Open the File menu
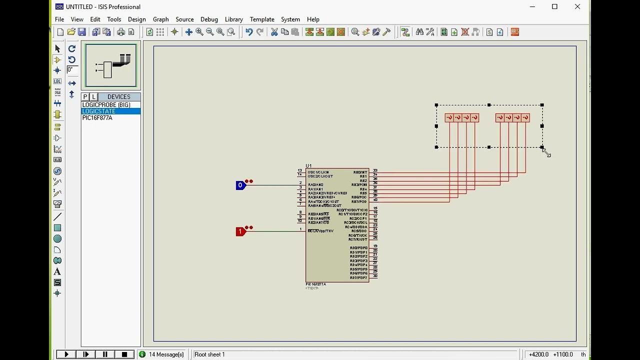tap(59, 19)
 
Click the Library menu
tap(233, 19)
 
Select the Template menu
tap(262, 19)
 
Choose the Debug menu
tap(209, 19)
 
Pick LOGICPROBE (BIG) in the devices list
tap(106, 105)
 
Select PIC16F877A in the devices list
tap(97, 118)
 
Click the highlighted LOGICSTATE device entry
tap(99, 111)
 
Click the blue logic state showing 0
tap(240, 185)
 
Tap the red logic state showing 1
tap(240, 231)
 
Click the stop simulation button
tap(124, 354)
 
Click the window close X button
tap(577, 7)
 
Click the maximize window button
tap(554, 7)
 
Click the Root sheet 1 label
tap(209, 354)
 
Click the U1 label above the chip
tap(308, 166)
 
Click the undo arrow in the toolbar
tap(249, 32)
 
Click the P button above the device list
tap(85, 97)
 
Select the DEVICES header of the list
tap(118, 97)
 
